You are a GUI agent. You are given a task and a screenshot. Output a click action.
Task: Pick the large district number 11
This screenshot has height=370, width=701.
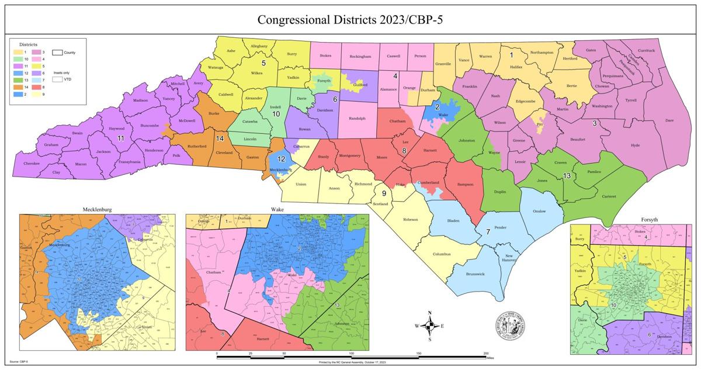tap(121, 139)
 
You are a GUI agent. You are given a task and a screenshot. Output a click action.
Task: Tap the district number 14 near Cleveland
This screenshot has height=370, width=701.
tap(220, 139)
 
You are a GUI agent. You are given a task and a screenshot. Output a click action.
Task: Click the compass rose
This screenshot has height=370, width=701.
tap(429, 326)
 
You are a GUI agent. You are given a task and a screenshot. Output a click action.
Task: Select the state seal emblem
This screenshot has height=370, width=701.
tap(510, 325)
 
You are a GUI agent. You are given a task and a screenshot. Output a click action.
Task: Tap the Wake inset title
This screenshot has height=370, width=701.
tap(277, 209)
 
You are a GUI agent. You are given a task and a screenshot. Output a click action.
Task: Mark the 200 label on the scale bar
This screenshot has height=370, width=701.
tap(486, 354)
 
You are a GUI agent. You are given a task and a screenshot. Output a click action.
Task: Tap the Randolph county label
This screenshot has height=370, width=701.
tap(357, 118)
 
